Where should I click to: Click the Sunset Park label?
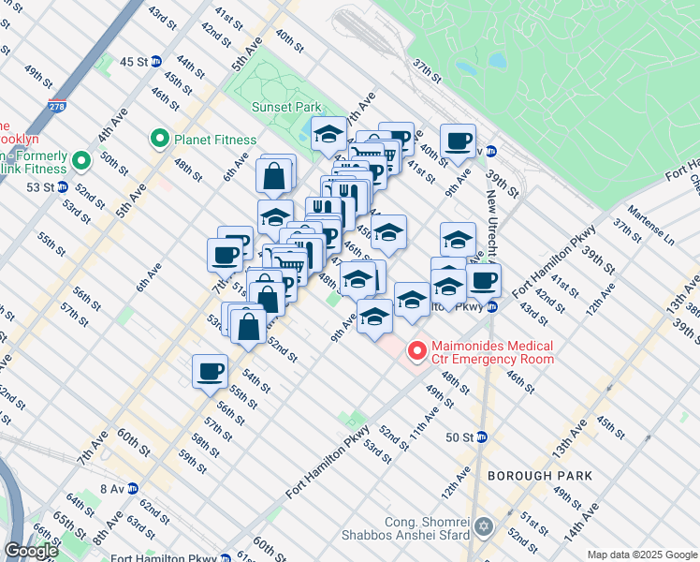click(286, 107)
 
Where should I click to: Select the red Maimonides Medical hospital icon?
click(416, 351)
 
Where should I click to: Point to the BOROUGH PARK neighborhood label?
click(539, 476)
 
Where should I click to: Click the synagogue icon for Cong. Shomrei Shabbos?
click(484, 528)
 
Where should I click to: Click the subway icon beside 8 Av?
click(133, 488)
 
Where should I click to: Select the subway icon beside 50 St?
click(482, 436)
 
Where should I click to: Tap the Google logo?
click(31, 551)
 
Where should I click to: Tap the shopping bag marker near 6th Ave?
click(276, 175)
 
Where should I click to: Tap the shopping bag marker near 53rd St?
click(249, 327)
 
